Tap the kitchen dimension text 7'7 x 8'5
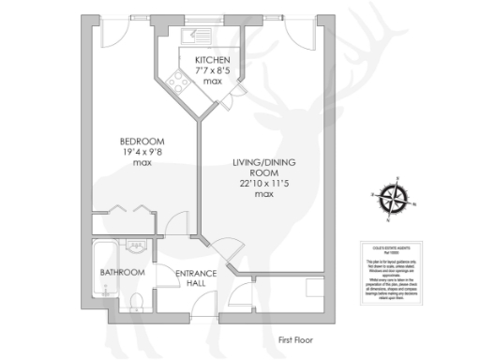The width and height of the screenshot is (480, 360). click(212, 70)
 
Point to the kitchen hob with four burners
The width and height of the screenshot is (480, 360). click(175, 82)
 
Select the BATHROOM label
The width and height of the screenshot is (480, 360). click(123, 273)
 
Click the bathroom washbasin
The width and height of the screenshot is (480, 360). click(136, 247)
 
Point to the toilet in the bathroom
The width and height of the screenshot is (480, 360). click(137, 299)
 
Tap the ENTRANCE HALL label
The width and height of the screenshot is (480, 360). click(196, 278)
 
